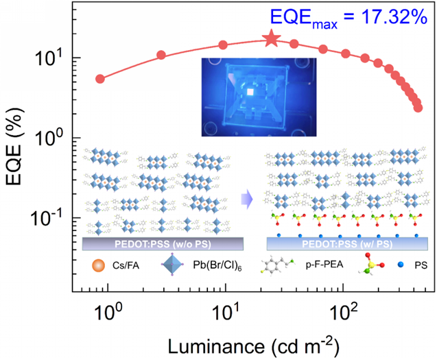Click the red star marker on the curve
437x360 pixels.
pos(272,39)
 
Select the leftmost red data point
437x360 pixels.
pos(100,79)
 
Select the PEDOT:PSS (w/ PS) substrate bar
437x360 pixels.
pos(346,243)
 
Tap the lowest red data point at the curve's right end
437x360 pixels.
pos(418,108)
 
